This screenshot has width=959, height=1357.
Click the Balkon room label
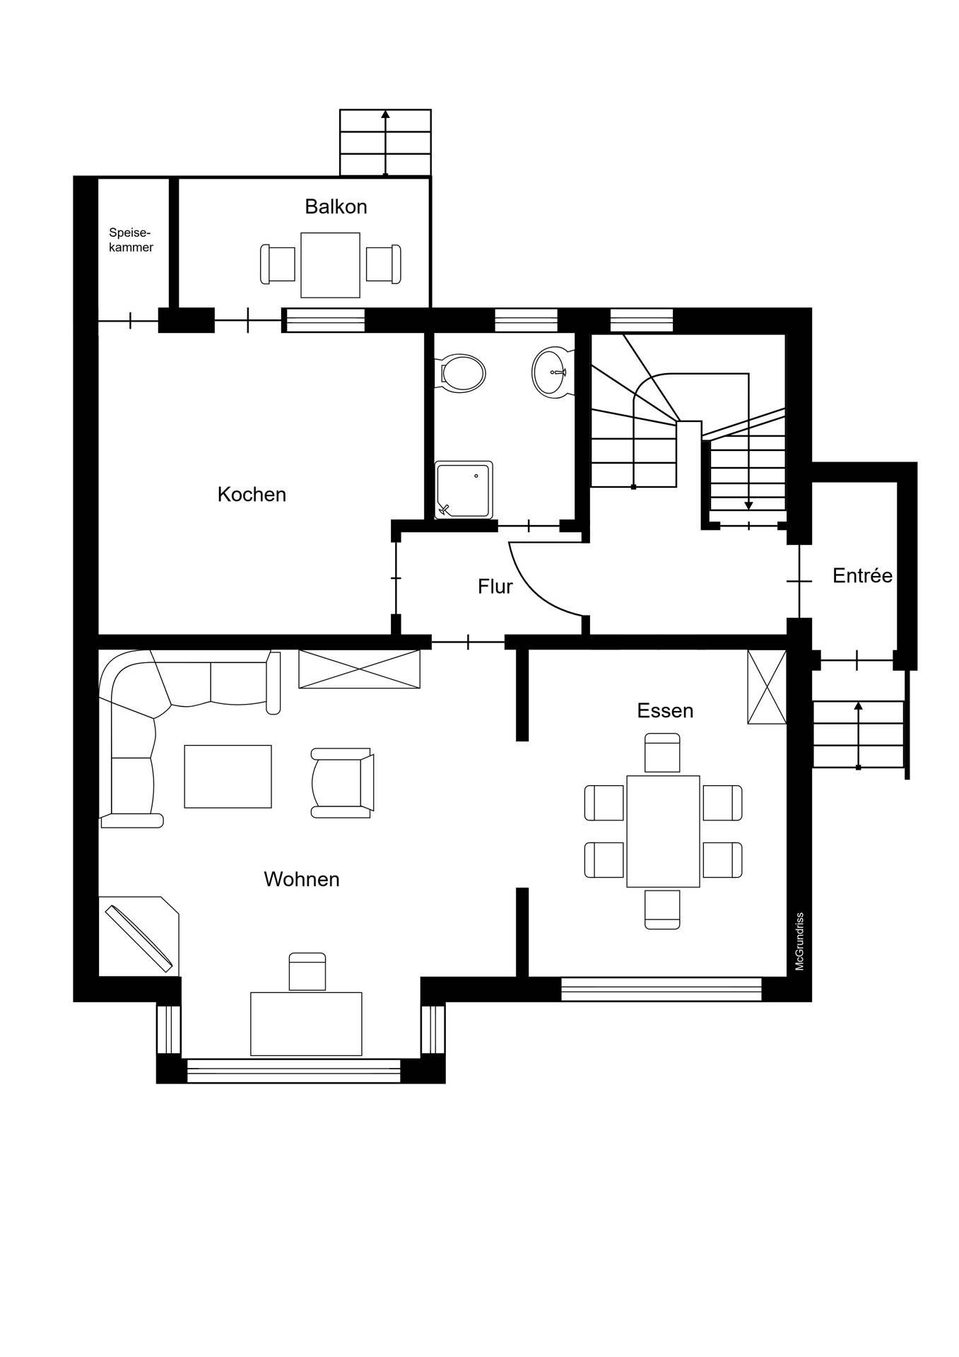[x=336, y=206]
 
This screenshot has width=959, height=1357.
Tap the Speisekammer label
[x=131, y=240]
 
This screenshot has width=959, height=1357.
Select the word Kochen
[x=252, y=494]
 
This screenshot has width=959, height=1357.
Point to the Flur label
[x=495, y=586]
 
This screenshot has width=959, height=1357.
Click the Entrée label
[x=862, y=575]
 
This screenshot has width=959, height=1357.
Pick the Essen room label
[x=665, y=710]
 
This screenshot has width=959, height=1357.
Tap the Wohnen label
[x=302, y=879]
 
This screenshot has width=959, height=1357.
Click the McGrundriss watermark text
[x=800, y=941]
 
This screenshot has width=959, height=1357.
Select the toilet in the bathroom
[x=461, y=372]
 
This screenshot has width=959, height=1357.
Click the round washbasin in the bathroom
[x=551, y=372]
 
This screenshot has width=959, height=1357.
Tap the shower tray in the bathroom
[x=464, y=489]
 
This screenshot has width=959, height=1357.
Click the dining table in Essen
[x=663, y=831]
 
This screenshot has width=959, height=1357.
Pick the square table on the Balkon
[x=330, y=265]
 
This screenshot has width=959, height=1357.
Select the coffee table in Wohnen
[x=228, y=776]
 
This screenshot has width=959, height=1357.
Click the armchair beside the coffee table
[x=342, y=783]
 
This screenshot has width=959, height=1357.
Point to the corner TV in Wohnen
[x=139, y=938]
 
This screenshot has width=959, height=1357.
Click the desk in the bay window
[x=306, y=1024]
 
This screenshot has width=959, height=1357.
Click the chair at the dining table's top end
[x=662, y=753]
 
